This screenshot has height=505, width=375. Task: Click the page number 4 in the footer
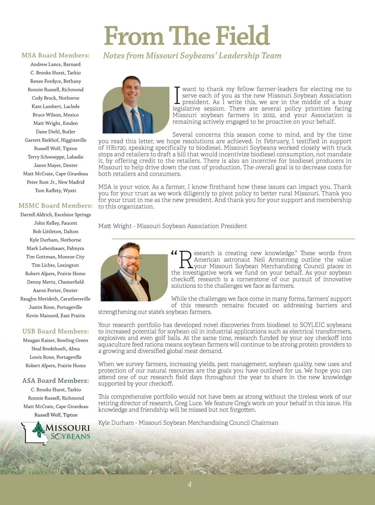click(x=189, y=484)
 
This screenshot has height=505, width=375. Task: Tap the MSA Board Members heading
click(x=56, y=55)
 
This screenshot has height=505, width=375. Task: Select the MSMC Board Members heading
click(x=56, y=206)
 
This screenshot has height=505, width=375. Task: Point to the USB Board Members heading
click(x=56, y=331)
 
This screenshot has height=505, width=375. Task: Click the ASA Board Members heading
click(x=56, y=381)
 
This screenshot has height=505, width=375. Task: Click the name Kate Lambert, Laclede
click(x=56, y=106)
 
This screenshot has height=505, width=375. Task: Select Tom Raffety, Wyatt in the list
click(x=56, y=190)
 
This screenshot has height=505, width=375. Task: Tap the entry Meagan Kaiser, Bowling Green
click(x=56, y=340)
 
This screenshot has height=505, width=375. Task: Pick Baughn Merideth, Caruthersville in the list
click(x=55, y=299)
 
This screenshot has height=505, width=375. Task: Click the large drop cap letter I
click(x=177, y=95)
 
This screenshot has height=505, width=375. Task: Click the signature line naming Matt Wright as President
click(x=172, y=226)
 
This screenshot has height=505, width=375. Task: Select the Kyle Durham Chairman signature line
click(x=188, y=423)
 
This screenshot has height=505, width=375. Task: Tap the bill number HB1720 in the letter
click(x=116, y=148)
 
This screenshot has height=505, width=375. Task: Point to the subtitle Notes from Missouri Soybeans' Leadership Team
click(x=192, y=56)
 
